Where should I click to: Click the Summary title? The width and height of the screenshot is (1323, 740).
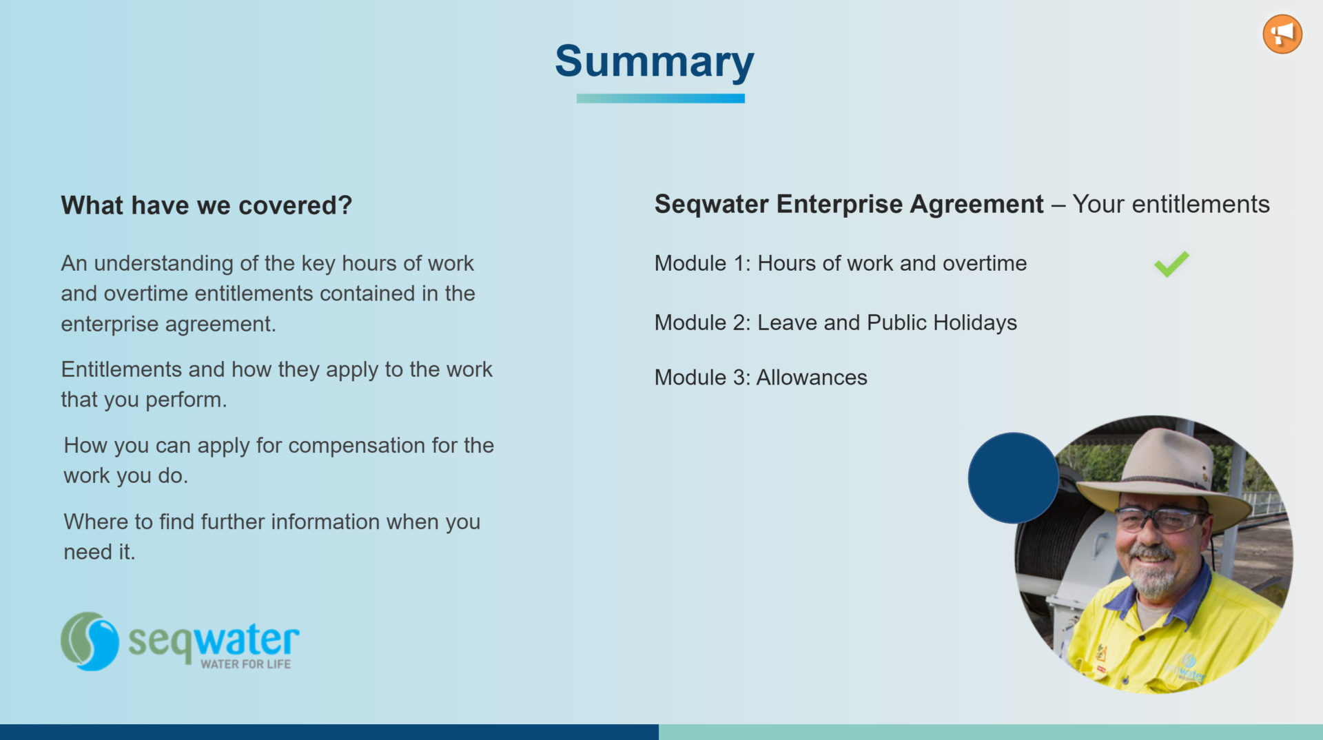coord(655,62)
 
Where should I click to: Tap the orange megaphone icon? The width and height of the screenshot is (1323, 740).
coord(1282,34)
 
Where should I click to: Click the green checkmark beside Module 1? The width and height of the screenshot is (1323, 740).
coord(1171,264)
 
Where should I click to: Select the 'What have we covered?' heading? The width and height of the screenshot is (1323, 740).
coord(207,205)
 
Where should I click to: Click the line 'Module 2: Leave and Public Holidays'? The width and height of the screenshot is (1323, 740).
coord(836,322)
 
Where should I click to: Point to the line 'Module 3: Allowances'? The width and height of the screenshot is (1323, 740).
coord(761,378)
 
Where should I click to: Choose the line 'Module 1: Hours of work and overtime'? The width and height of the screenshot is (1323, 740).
coord(841,263)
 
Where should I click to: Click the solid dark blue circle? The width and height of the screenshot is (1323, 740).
coord(1013,477)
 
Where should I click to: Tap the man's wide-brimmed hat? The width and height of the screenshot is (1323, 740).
coord(1165,475)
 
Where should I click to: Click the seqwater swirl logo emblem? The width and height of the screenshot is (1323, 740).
coord(90,641)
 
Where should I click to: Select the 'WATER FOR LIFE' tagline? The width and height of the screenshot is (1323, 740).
coord(246,664)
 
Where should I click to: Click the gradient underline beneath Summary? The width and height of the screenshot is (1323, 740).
coord(660,99)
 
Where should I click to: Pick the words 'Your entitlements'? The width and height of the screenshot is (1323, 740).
coord(1171,204)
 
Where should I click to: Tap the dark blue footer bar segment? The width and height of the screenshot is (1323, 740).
coord(329,732)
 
